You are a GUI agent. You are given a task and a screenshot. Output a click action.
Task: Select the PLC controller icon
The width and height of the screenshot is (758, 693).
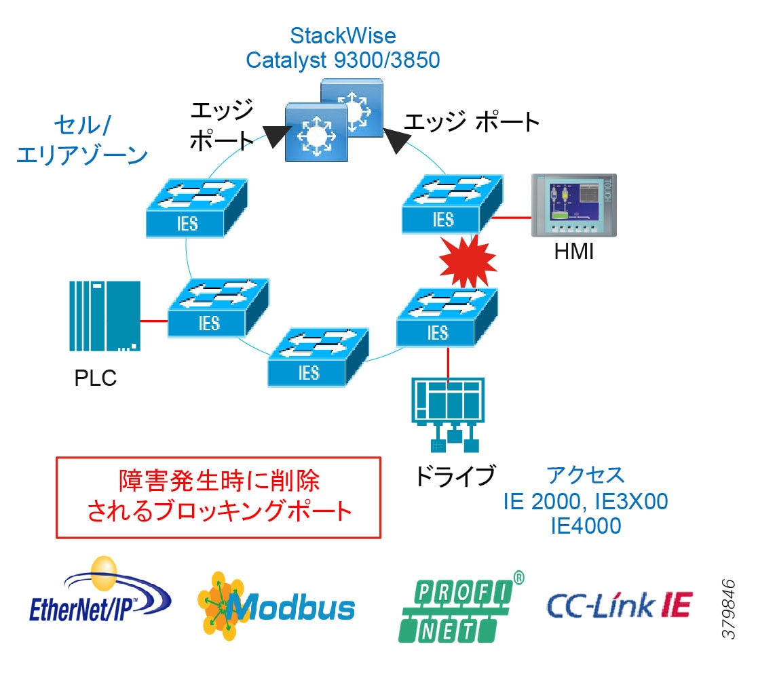pyautogui.click(x=105, y=316)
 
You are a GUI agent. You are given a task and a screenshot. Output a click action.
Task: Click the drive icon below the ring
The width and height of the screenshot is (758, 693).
pyautogui.click(x=449, y=413)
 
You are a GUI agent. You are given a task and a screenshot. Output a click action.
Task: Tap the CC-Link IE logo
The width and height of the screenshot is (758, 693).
pyautogui.click(x=619, y=606)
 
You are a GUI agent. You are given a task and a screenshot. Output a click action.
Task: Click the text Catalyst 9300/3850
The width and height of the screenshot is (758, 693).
pyautogui.click(x=343, y=60)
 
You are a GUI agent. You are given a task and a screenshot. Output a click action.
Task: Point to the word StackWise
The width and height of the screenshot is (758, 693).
pyautogui.click(x=343, y=35)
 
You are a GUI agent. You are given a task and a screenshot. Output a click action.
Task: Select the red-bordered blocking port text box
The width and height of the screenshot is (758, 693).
pyautogui.click(x=219, y=496)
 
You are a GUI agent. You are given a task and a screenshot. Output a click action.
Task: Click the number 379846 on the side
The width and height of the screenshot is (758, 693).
pyautogui.click(x=729, y=608)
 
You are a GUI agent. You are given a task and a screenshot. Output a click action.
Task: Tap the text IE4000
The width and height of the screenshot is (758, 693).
pyautogui.click(x=586, y=526)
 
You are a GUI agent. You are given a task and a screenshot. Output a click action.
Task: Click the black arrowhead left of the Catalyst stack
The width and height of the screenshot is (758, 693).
pyautogui.click(x=276, y=136)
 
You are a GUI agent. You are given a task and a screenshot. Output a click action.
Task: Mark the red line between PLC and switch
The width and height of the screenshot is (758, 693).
pyautogui.click(x=153, y=320)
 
